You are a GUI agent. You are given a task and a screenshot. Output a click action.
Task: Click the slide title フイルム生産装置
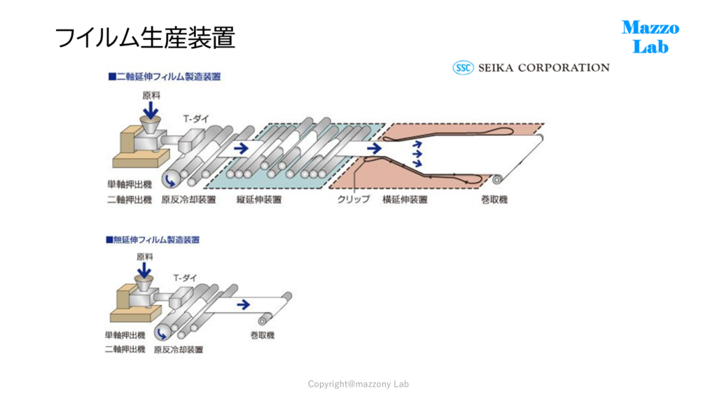pos(145,38)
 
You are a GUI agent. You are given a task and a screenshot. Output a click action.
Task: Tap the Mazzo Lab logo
pos(650,37)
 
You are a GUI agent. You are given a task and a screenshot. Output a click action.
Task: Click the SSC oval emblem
pos(463,68)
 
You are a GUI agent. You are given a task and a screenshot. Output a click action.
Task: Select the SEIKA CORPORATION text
pos(543,68)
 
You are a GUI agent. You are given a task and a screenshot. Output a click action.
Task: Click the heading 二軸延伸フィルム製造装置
pos(165,76)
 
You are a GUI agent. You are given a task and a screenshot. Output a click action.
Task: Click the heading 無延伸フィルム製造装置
pos(153,239)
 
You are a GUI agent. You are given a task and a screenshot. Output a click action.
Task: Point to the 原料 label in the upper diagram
pos(151,95)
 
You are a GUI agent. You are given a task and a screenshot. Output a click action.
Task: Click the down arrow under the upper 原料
pos(151,110)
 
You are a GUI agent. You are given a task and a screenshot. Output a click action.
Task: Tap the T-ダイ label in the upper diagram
pos(196,119)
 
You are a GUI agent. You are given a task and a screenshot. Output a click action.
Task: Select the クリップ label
pos(354,199)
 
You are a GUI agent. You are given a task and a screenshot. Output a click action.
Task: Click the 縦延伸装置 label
pos(259,199)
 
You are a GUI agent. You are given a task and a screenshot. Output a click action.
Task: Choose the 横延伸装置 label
pos(405,199)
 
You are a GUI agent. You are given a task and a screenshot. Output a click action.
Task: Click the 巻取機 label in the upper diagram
pos(494,199)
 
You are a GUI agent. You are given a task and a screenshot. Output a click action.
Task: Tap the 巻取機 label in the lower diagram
pos(263,335)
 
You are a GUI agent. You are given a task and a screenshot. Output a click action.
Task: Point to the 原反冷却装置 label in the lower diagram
pos(179,350)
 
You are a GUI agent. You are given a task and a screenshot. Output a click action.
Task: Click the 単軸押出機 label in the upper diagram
pos(130,184)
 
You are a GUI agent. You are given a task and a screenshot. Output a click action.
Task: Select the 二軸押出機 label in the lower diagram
pos(125,349)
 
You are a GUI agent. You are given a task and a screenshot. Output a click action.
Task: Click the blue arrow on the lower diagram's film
pos(244,304)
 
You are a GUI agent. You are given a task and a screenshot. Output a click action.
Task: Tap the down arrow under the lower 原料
pos(144,270)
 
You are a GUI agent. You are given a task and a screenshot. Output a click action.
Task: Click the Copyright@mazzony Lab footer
pos(358,384)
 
